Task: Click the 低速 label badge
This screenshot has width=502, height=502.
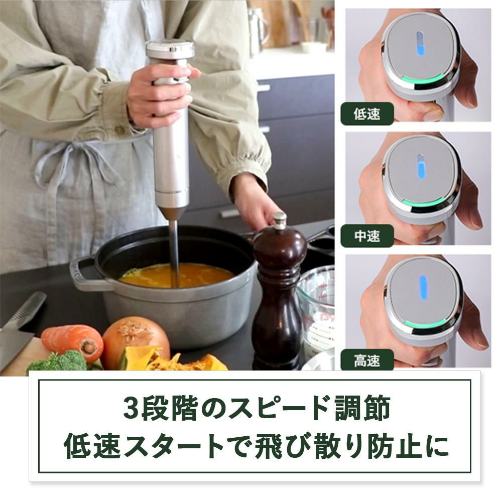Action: point(367,113)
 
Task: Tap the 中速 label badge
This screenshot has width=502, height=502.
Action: point(367,236)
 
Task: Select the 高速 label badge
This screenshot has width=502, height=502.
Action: point(367,361)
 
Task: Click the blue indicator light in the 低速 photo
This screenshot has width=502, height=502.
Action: point(420,44)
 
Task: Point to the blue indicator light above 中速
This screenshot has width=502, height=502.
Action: point(420,166)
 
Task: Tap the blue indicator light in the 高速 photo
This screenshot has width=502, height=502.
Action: point(423,288)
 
